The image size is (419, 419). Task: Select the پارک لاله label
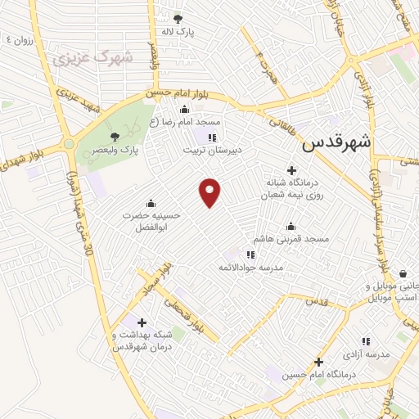(179, 33)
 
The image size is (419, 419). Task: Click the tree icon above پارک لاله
(178, 18)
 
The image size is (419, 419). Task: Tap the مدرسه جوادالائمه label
(250, 268)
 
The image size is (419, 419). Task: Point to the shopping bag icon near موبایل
(403, 274)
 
